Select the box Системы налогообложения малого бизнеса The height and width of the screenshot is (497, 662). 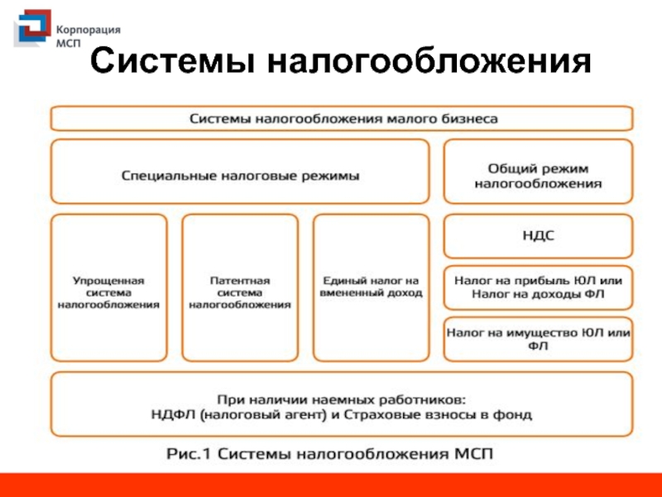point(343,118)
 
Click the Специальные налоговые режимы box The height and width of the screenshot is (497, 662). point(240,171)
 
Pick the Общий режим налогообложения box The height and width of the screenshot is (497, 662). point(538,171)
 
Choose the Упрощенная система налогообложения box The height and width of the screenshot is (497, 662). point(108,287)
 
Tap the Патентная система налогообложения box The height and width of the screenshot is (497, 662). point(240,287)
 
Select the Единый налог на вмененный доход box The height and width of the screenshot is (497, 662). point(372,287)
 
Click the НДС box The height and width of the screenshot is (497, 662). point(538,236)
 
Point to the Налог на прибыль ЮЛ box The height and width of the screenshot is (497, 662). point(538,287)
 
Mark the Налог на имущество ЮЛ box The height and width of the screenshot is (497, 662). point(538,339)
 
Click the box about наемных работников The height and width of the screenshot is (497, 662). point(343,404)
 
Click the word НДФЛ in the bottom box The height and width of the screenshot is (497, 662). point(176,413)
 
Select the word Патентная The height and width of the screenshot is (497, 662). point(240,281)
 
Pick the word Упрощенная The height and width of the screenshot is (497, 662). point(108,281)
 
